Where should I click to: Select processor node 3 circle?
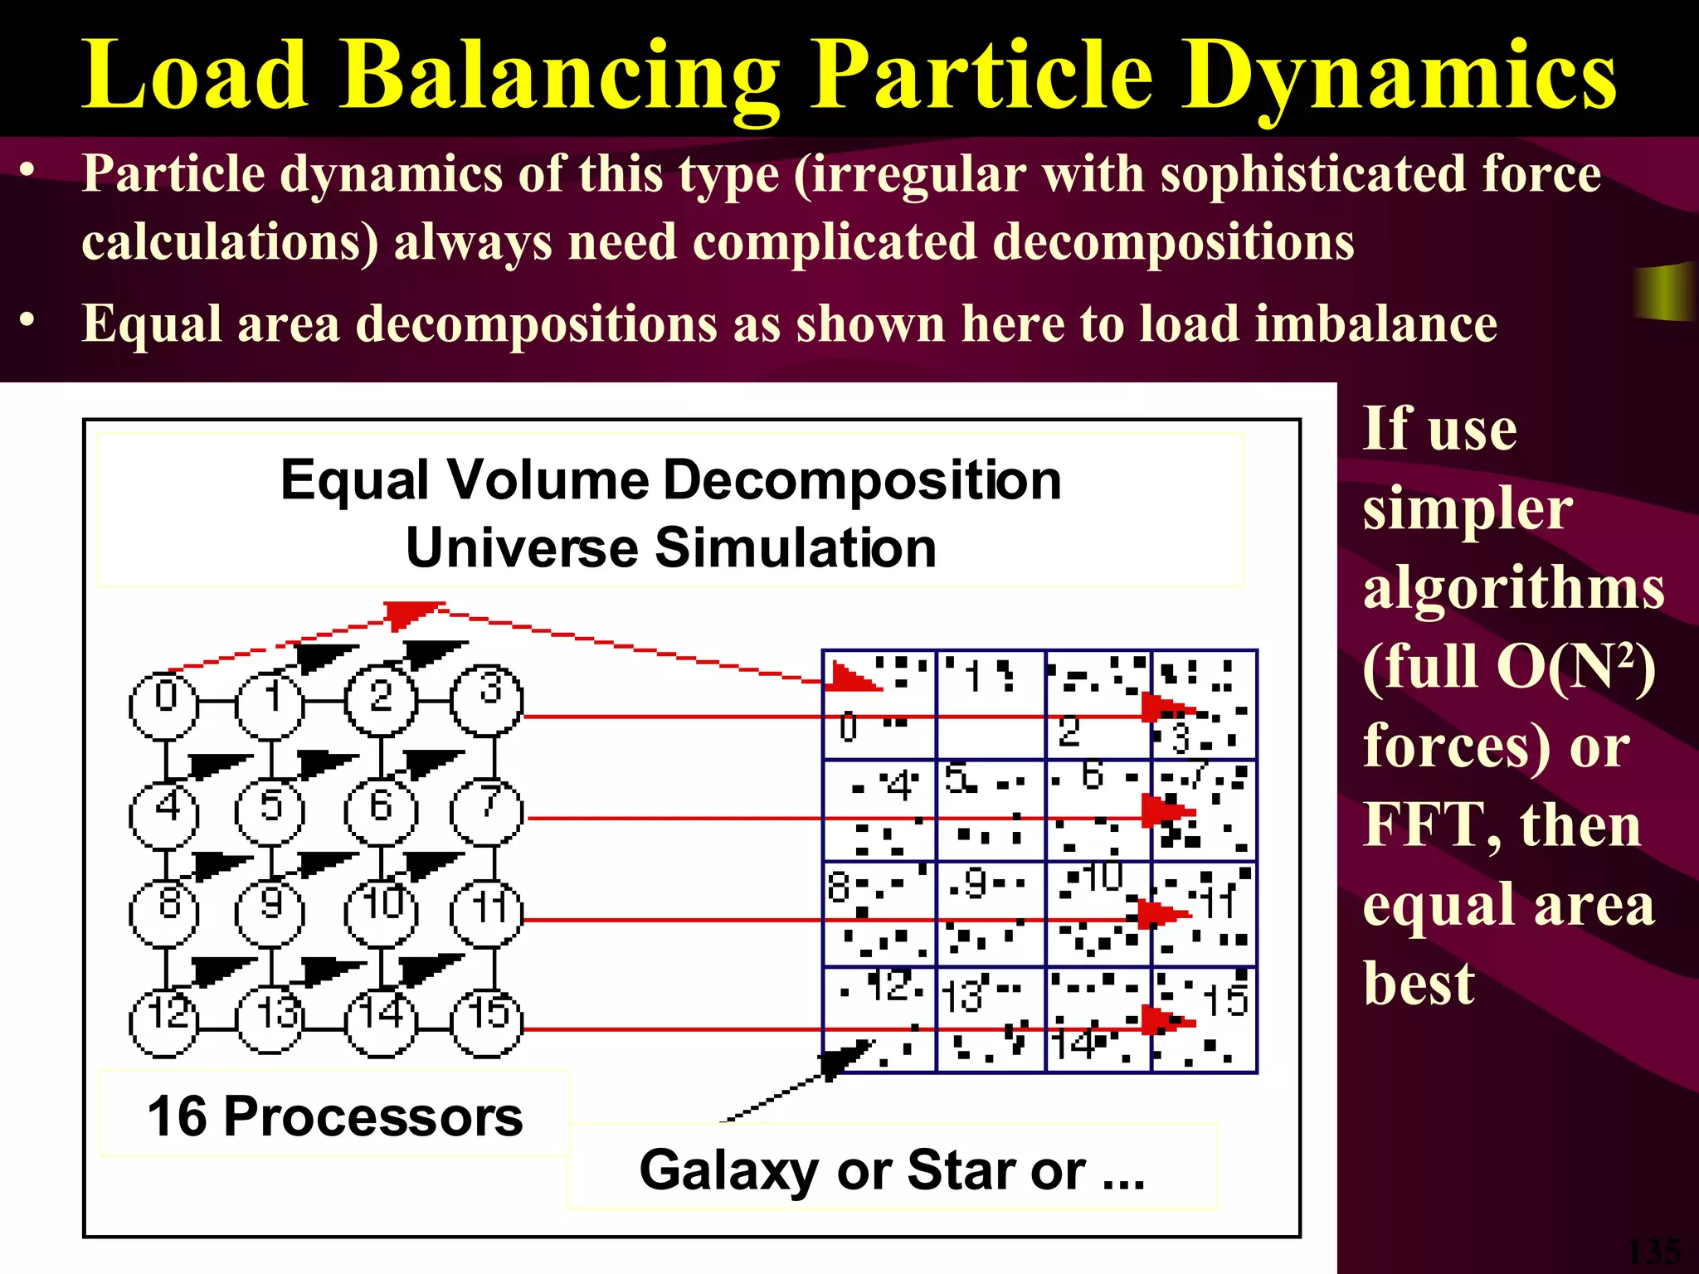tap(488, 701)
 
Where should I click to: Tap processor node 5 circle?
tap(270, 811)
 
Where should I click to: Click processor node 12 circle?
tap(164, 1022)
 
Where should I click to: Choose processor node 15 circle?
tap(488, 1022)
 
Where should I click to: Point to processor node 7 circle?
tap(488, 811)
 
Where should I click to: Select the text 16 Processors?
tap(335, 1116)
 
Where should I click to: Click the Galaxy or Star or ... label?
tap(892, 1169)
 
